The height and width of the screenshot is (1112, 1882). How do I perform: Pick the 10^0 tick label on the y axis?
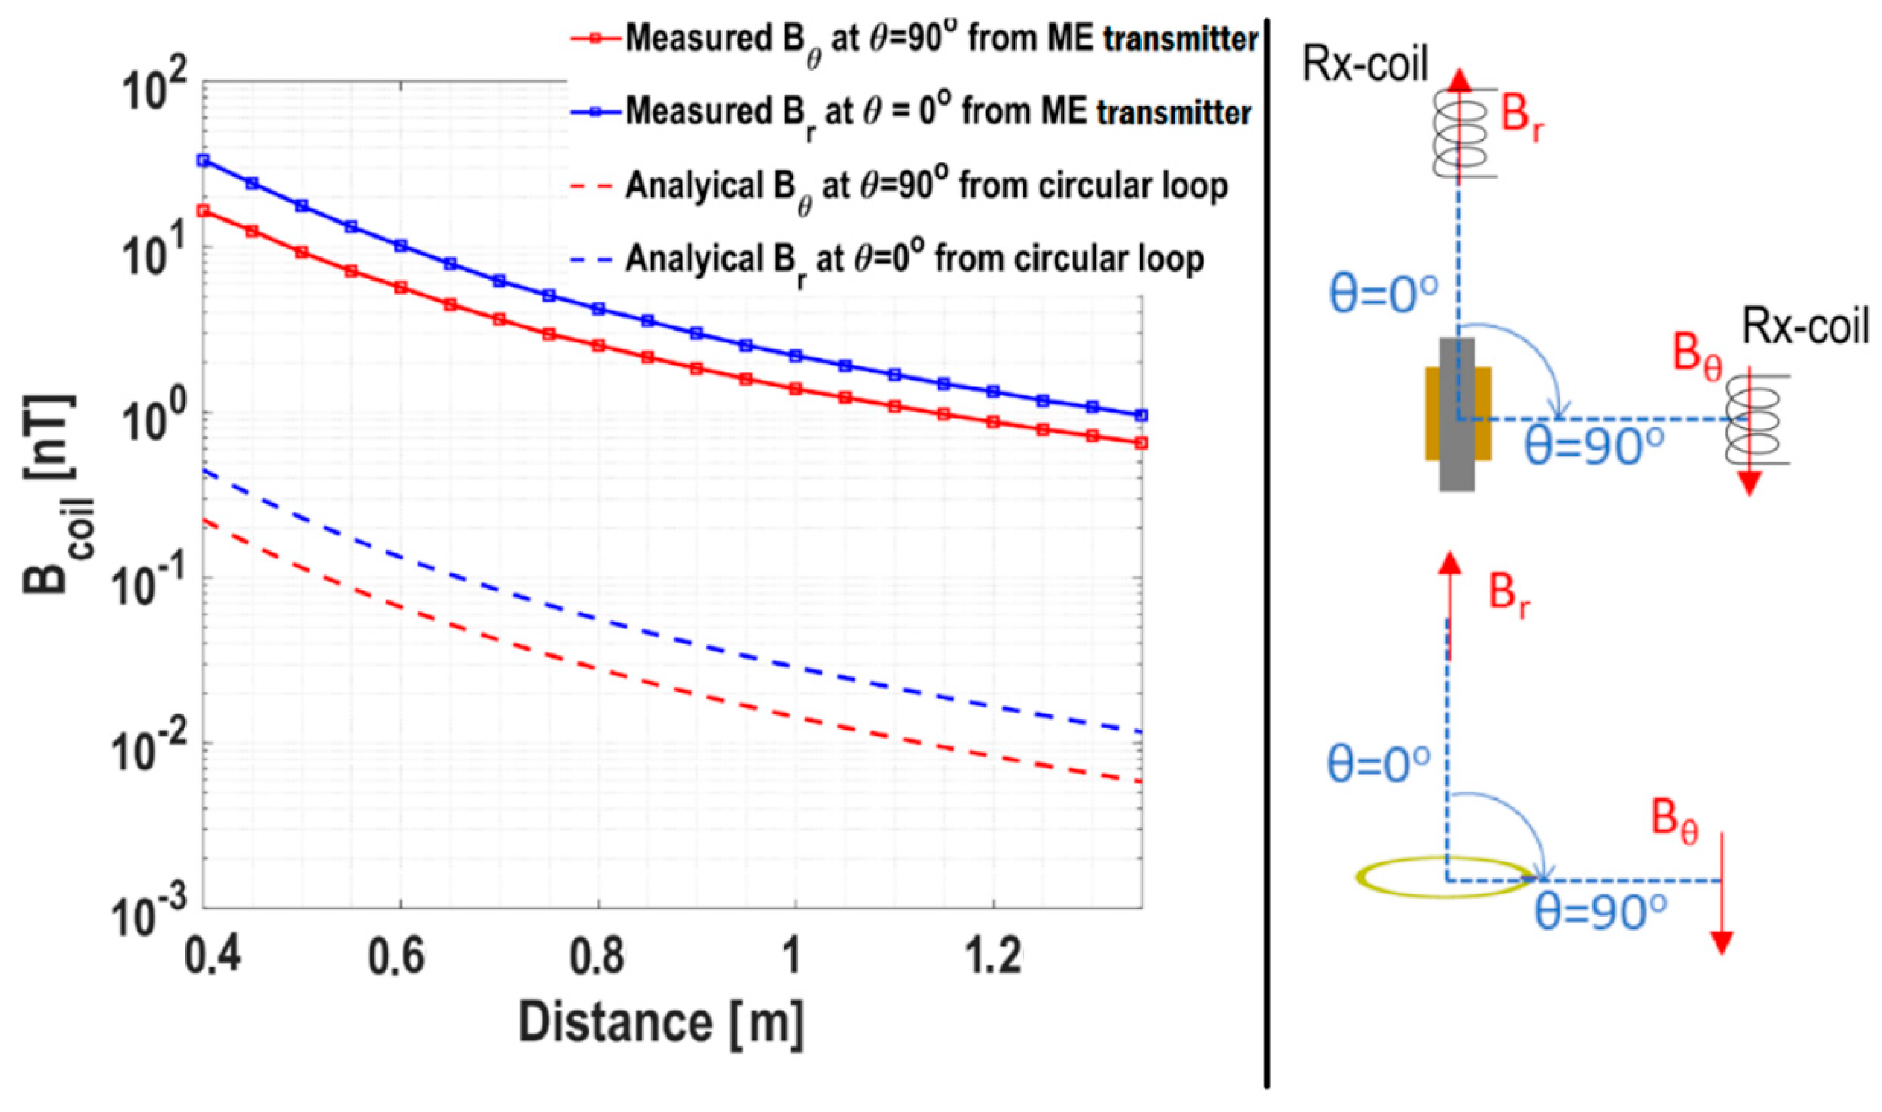pyautogui.click(x=153, y=424)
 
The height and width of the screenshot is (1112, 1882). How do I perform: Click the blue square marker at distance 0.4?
pyautogui.click(x=203, y=160)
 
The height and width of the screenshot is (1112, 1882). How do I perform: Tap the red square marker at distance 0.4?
pyautogui.click(x=203, y=211)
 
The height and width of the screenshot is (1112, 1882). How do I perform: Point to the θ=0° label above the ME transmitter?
pyautogui.click(x=1383, y=295)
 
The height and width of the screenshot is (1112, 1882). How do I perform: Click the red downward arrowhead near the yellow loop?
pyautogui.click(x=1722, y=942)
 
